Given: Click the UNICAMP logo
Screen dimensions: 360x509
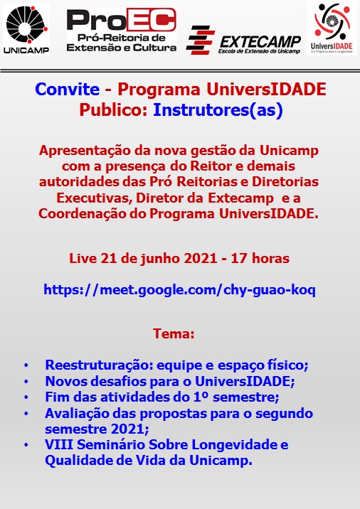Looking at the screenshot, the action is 26,30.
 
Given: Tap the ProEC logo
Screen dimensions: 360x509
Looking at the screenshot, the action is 122,30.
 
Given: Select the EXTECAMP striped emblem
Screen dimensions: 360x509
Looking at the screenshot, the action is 200,41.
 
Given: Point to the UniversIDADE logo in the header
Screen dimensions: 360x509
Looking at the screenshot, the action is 332,28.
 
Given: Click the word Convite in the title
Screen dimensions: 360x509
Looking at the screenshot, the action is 68,90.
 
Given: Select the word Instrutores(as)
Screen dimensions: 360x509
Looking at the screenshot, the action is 218,110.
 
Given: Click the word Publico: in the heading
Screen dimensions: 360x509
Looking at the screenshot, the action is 114,110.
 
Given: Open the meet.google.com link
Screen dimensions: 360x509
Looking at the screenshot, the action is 180,289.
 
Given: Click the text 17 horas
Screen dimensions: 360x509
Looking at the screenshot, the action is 260,258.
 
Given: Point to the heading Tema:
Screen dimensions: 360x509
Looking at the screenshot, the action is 174,333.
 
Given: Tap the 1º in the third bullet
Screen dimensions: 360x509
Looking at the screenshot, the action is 200,397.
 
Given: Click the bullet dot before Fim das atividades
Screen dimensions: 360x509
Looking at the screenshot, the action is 26,397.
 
